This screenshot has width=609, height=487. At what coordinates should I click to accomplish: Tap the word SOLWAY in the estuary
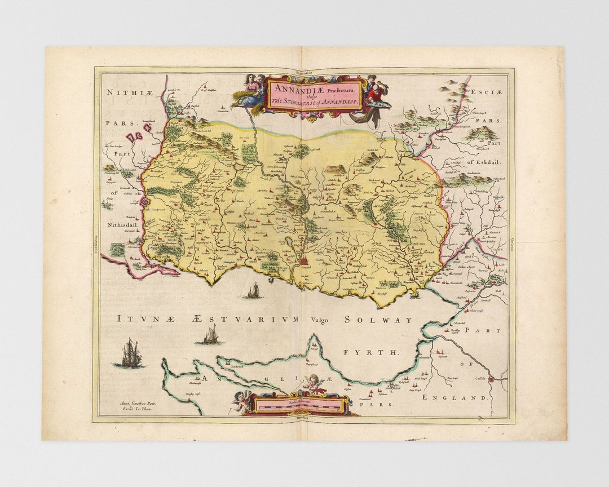[x=378, y=320]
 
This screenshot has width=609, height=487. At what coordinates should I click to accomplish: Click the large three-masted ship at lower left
[x=130, y=354]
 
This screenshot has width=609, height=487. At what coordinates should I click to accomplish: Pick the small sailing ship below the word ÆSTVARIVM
[x=210, y=336]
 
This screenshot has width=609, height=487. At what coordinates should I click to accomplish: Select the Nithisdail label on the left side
[x=122, y=224]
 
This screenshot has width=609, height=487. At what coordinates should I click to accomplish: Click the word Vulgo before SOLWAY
[x=320, y=320]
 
